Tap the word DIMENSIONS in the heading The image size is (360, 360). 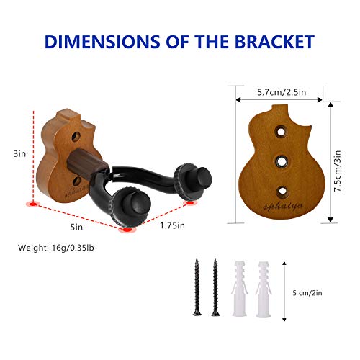point(102,42)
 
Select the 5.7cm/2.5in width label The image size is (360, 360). point(282,92)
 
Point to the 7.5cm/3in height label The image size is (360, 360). point(338,171)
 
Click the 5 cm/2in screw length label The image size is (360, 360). point(307,293)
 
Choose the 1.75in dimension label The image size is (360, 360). point(172,225)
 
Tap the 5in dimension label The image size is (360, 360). point(76,227)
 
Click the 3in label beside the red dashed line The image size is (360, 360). point(19,154)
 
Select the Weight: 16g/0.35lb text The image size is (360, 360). point(56,248)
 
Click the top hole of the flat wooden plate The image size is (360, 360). point(281,131)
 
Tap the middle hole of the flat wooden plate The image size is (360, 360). point(282,162)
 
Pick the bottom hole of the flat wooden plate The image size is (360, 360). point(282,192)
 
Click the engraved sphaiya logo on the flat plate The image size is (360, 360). point(283,207)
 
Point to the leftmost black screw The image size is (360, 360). point(197,287)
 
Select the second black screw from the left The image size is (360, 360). point(215,287)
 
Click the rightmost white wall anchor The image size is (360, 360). point(264,289)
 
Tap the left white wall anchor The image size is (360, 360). point(240,288)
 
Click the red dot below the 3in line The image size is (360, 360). point(33,204)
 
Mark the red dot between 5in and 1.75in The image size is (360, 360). point(127,230)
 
